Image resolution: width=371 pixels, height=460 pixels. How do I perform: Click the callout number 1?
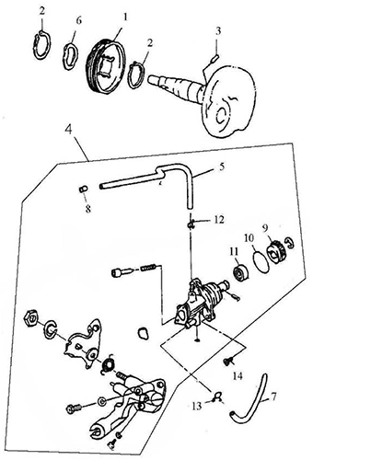point(125,17)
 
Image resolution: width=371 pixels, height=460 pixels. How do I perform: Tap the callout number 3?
point(218,30)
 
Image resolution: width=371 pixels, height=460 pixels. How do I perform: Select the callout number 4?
point(68,130)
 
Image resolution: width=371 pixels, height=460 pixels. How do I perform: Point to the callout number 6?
point(79,21)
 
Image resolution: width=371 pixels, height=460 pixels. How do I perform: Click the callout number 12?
point(219,220)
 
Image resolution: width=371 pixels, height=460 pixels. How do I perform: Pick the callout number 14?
point(238,375)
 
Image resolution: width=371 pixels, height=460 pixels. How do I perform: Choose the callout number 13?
point(197,406)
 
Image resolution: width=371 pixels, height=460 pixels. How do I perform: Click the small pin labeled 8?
point(83,189)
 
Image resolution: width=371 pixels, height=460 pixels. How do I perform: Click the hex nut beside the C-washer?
point(31,318)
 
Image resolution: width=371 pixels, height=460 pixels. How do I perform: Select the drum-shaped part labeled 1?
point(105,65)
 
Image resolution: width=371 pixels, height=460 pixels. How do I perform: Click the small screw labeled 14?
point(227,361)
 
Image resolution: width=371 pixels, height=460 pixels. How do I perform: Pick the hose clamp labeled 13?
point(217,397)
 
